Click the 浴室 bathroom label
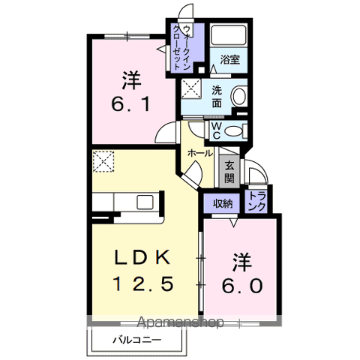click(230, 60)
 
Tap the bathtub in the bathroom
click(229, 35)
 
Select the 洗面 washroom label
click(217, 97)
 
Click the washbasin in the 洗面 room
click(239, 96)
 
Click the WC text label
click(216, 131)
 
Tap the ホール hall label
click(200, 153)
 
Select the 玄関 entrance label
click(229, 172)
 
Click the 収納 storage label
click(223, 204)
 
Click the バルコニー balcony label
click(136, 340)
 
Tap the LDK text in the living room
click(142, 257)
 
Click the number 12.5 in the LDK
click(143, 283)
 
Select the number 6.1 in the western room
click(130, 103)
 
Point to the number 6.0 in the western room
click(242, 286)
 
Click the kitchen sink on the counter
click(145, 202)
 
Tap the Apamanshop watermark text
click(180, 322)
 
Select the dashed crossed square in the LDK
click(103, 161)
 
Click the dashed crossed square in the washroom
click(191, 89)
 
